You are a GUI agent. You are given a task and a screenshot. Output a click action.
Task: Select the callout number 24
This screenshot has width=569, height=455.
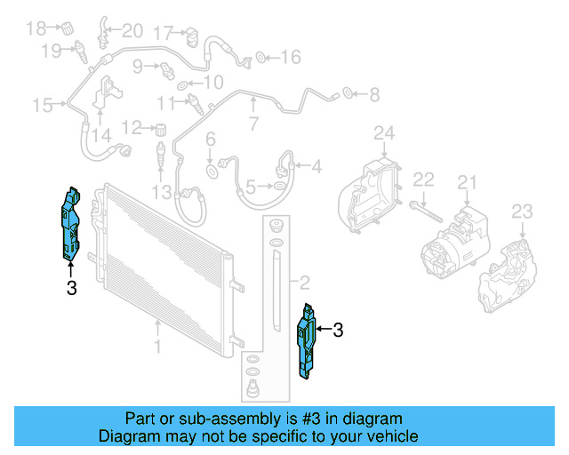383,134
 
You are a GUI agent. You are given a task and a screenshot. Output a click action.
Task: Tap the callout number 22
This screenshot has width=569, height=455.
424,180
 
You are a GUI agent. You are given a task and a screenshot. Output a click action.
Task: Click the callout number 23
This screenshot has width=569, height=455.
522,212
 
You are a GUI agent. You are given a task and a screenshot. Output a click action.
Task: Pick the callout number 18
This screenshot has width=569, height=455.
36,28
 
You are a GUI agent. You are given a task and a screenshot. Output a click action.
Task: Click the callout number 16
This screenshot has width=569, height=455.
291,58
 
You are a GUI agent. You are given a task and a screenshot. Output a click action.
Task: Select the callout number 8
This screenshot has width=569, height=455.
373,93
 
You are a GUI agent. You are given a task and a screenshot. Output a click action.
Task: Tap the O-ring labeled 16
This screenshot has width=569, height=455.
260,58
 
